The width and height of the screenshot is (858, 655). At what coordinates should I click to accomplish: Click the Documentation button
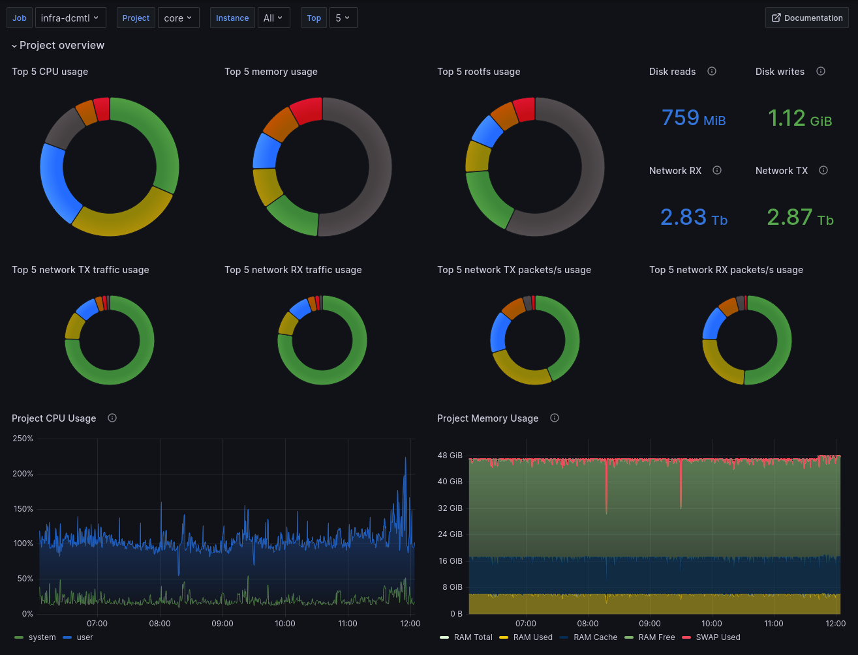click(806, 18)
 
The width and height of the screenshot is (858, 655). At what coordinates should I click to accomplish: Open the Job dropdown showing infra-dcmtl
click(70, 18)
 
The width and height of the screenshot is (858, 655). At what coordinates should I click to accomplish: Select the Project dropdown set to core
click(178, 18)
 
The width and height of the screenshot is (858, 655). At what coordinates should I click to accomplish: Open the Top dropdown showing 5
click(343, 18)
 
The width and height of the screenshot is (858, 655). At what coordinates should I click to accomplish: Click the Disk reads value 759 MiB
click(693, 118)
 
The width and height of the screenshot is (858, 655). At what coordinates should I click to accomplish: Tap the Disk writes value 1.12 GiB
click(799, 118)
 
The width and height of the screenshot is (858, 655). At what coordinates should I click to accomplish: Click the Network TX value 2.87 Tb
click(799, 217)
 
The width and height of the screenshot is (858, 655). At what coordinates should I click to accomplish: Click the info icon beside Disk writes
click(821, 71)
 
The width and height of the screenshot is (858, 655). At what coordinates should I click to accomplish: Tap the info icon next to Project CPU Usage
click(112, 418)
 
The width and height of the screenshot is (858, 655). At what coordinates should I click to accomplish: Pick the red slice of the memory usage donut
click(307, 110)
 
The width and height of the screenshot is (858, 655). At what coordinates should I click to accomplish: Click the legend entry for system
click(42, 637)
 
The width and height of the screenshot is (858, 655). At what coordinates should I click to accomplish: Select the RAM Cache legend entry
click(595, 637)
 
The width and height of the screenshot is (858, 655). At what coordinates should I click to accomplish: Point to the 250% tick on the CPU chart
click(22, 439)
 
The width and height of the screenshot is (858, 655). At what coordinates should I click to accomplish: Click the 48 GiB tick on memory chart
click(450, 456)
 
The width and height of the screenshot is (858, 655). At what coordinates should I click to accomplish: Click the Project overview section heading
click(61, 45)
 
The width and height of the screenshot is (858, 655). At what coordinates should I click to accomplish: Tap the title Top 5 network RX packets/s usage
click(726, 270)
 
